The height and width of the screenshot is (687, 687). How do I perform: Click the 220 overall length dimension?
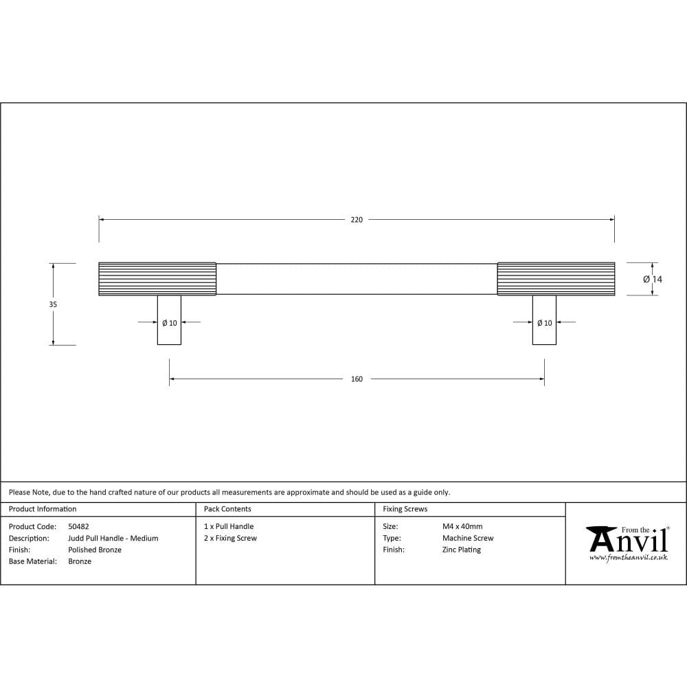[356, 220]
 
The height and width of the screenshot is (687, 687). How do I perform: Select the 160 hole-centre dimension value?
[356, 379]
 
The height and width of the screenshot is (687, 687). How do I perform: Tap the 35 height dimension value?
[53, 304]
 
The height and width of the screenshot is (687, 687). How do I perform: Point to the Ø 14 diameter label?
[653, 280]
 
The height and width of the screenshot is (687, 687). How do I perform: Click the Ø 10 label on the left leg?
[169, 323]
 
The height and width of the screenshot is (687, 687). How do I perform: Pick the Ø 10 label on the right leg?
[544, 323]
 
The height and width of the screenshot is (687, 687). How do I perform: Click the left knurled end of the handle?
[157, 279]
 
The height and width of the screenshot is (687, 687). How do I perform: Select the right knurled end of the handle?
[556, 279]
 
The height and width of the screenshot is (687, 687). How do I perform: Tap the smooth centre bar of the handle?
[357, 279]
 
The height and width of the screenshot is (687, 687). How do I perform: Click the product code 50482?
[78, 527]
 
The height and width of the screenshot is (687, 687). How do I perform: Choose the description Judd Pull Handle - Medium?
[113, 539]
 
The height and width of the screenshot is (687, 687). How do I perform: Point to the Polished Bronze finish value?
[95, 550]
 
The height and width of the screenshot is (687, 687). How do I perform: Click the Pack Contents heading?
[227, 509]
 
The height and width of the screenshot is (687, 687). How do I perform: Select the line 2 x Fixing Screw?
[230, 539]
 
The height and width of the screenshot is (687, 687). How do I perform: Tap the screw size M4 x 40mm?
[462, 527]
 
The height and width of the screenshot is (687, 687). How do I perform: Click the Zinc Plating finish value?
[462, 550]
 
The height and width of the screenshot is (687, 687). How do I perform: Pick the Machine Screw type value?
[468, 539]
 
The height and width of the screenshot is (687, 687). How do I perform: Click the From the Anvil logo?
[627, 543]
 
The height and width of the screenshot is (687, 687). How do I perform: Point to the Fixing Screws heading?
[405, 509]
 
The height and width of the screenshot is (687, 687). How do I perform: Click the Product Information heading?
[43, 509]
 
